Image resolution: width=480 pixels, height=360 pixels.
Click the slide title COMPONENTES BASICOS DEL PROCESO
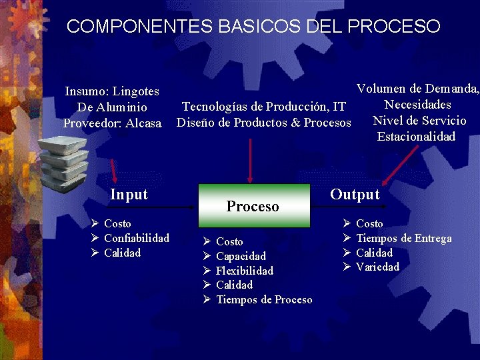click(253, 27)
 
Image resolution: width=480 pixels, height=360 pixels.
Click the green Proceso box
click(253, 205)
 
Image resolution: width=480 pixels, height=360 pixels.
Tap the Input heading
click(129, 195)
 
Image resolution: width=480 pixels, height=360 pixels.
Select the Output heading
click(355, 195)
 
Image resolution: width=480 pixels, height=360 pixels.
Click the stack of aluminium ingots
click(63, 161)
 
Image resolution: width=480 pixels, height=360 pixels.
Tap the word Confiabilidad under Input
click(137, 238)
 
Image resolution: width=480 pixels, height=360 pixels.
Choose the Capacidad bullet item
click(241, 256)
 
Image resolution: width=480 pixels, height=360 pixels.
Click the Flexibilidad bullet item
click(245, 271)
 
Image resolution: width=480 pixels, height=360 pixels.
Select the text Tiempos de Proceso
click(264, 300)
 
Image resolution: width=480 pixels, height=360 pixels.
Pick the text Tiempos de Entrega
click(403, 238)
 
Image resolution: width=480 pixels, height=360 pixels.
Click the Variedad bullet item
click(377, 267)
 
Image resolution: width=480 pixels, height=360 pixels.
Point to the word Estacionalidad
click(416, 137)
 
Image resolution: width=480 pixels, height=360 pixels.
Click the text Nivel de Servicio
click(419, 121)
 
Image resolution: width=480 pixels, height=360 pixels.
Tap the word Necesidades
click(418, 105)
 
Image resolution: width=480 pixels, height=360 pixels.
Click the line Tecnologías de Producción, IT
click(264, 107)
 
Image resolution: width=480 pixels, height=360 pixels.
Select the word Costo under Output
click(369, 223)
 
